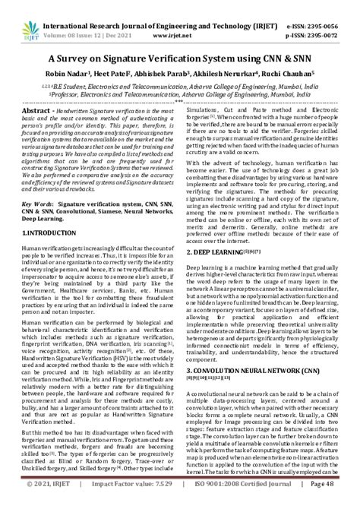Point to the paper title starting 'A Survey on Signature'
click(x=179, y=58)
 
